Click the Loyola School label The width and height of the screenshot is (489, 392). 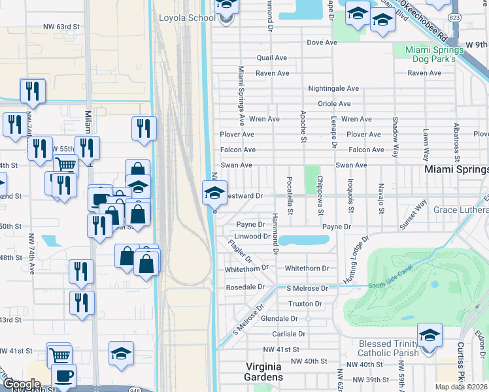click(x=187, y=18)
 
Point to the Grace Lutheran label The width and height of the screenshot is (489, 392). click(x=461, y=210)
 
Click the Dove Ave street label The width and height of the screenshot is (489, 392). click(x=322, y=42)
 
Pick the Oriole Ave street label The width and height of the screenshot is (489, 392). click(x=334, y=104)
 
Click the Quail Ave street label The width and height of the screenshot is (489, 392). click(x=272, y=58)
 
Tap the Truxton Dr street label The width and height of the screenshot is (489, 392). click(x=305, y=304)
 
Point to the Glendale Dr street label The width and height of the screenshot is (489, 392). click(x=279, y=318)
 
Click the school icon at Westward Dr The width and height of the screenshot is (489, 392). click(x=215, y=193)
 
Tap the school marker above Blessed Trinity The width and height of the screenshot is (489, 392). click(x=430, y=336)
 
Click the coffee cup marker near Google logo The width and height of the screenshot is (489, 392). click(x=63, y=376)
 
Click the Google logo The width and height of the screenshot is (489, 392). click(x=22, y=384)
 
